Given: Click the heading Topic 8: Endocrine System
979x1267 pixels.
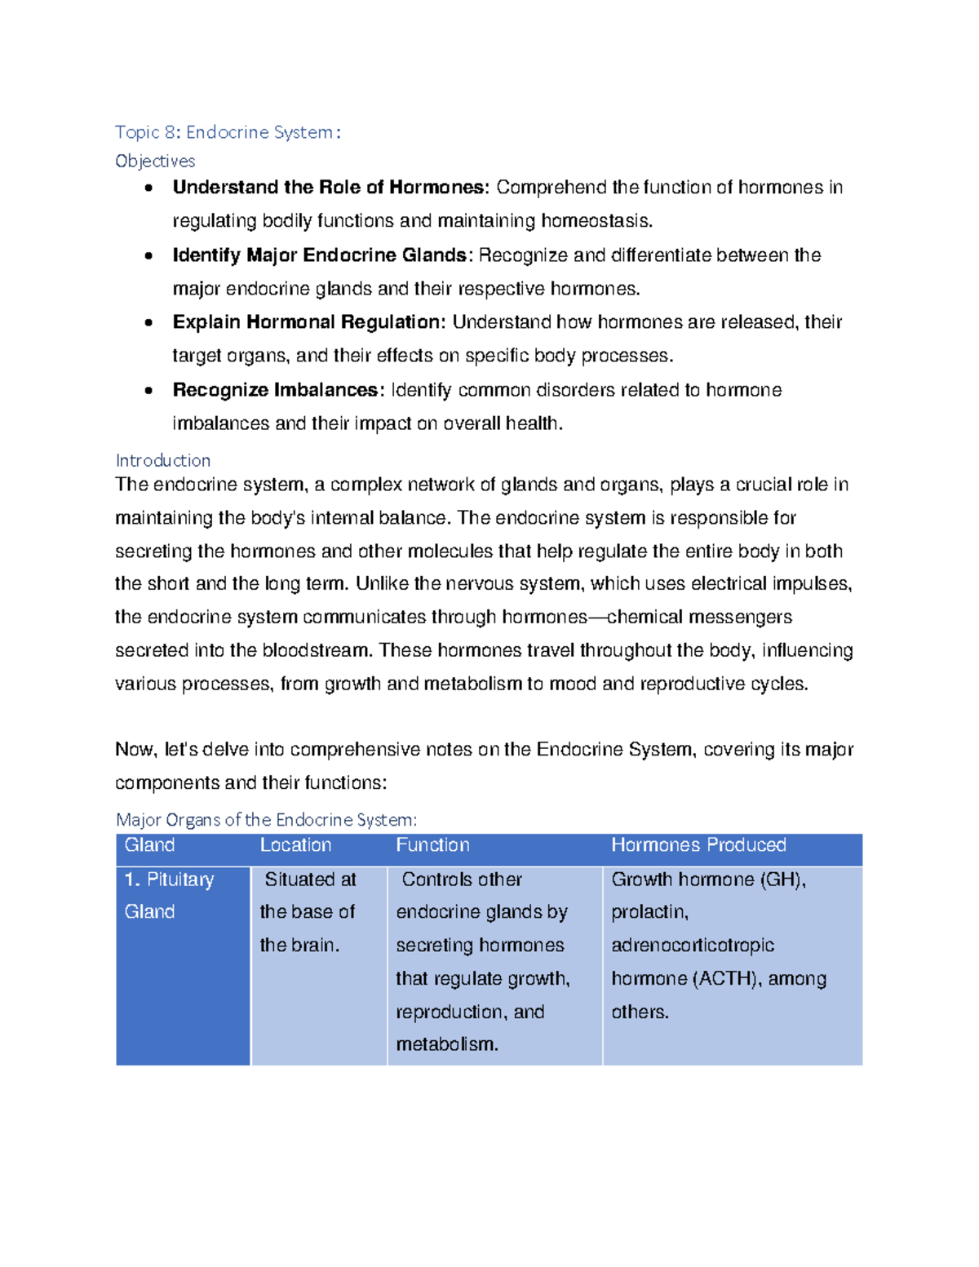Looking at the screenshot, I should click(228, 132).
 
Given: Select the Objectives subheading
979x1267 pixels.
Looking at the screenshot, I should click(155, 161).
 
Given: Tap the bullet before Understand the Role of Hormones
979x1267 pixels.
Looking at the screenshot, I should click(148, 188).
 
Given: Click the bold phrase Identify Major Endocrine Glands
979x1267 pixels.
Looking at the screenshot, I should click(319, 255).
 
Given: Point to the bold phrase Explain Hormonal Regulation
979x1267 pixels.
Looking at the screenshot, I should click(308, 322).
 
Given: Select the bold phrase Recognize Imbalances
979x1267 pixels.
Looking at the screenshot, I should click(276, 390).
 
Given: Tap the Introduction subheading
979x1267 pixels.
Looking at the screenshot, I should click(163, 460).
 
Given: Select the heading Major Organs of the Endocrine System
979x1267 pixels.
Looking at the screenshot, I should click(266, 819).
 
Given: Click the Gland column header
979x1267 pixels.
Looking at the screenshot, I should click(149, 845).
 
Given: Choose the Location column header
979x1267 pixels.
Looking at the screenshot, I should click(295, 845).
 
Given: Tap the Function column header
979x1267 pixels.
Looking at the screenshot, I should click(432, 845).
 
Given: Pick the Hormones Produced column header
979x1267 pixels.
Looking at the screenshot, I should click(698, 845).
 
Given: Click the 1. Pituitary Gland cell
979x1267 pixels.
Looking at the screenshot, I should click(169, 895).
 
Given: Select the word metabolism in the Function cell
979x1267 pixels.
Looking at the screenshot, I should click(445, 1044).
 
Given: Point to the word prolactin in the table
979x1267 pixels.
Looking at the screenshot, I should click(649, 912).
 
